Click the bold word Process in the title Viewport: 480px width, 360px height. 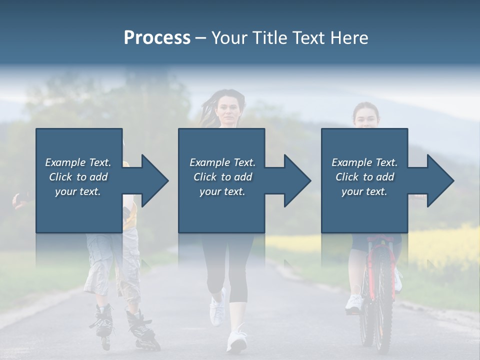pyautogui.click(x=157, y=38)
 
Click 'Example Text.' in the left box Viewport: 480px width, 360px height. pyautogui.click(x=78, y=162)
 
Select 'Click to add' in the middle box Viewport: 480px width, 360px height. pyautogui.click(x=222, y=177)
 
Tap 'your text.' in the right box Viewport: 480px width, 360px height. pyautogui.click(x=364, y=191)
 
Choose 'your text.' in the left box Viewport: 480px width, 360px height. pyautogui.click(x=78, y=191)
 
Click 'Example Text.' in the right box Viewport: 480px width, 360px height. pyautogui.click(x=364, y=162)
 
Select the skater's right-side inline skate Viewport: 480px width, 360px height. pyautogui.click(x=142, y=330)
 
